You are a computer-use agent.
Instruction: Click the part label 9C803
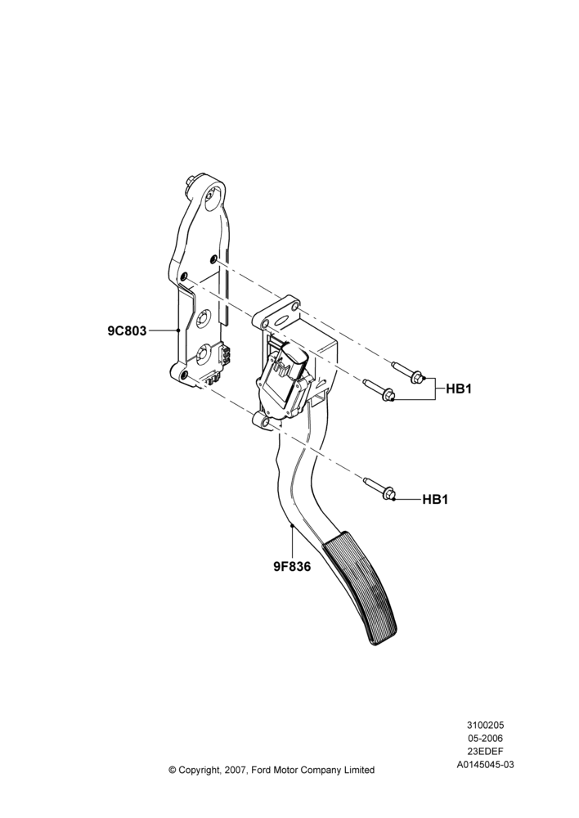pyautogui.click(x=127, y=330)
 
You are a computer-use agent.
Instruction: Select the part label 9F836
pyautogui.click(x=292, y=566)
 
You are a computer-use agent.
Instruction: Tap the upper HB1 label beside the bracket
pyautogui.click(x=459, y=389)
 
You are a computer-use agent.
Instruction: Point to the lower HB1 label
pyautogui.click(x=435, y=499)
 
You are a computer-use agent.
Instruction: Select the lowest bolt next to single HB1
pyautogui.click(x=379, y=488)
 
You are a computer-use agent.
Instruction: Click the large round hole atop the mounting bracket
pyautogui.click(x=213, y=200)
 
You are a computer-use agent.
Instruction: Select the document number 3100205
pyautogui.click(x=485, y=725)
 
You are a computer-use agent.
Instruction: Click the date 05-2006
pyautogui.click(x=485, y=738)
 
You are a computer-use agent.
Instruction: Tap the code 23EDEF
pyautogui.click(x=485, y=751)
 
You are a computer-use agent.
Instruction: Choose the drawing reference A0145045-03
pyautogui.click(x=485, y=764)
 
